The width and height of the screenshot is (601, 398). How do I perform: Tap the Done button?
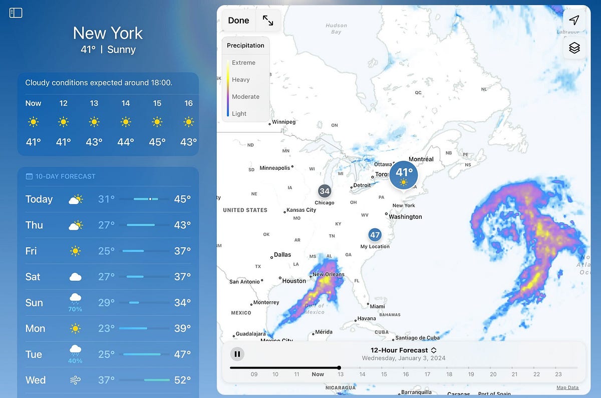[238, 21]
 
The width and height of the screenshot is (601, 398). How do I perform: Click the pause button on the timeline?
[237, 354]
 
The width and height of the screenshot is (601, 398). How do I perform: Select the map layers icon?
[574, 48]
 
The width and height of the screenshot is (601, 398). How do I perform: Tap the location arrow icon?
[574, 20]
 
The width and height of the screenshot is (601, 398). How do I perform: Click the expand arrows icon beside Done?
[268, 21]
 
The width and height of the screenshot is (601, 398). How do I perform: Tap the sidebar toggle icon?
[16, 13]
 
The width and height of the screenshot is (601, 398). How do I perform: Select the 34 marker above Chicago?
[325, 191]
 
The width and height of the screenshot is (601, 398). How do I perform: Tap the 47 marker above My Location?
[375, 234]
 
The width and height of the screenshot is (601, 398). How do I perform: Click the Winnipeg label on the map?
[283, 122]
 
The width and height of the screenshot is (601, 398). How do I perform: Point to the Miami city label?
[377, 306]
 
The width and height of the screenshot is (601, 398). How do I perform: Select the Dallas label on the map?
[282, 254]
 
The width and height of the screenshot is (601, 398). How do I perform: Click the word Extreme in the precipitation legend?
[243, 63]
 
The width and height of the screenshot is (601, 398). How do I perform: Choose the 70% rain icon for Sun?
[76, 302]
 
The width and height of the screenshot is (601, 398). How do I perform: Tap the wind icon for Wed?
[76, 380]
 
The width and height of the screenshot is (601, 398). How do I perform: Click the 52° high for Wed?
[182, 380]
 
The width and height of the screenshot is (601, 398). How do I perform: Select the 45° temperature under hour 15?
[157, 142]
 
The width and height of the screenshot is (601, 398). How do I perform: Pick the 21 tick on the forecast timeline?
[515, 374]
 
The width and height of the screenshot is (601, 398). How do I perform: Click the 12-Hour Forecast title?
[399, 350]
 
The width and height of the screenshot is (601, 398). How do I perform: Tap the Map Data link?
[567, 387]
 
